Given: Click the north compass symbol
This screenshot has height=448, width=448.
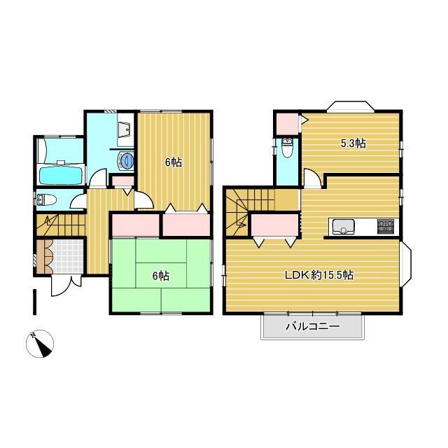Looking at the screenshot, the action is coord(40,344).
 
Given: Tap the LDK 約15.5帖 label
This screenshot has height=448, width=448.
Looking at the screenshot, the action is coord(319,275).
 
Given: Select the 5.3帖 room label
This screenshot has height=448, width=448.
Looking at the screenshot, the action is coord(353,143).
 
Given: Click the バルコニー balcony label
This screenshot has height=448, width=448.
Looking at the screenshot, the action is coord(313,326).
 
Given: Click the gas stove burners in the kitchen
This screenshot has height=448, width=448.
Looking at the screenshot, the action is coord(386,225).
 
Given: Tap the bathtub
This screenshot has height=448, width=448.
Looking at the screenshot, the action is coord(60,175).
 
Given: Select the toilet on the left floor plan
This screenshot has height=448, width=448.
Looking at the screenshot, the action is coord(46,199).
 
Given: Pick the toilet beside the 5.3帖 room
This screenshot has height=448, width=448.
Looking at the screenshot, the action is coord(286,147).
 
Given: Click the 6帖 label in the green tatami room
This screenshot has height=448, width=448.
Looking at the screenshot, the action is coord(161,276).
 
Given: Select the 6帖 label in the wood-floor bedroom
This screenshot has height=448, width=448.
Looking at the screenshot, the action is coord(174,162).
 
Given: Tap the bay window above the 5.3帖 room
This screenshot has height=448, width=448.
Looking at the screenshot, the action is coord(350,106).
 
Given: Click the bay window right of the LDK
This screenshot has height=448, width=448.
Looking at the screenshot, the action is coord(406,263).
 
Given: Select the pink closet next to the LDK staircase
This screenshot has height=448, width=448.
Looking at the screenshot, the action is coord(275,225).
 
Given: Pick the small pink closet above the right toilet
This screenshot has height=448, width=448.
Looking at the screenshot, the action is coord(286,124).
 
